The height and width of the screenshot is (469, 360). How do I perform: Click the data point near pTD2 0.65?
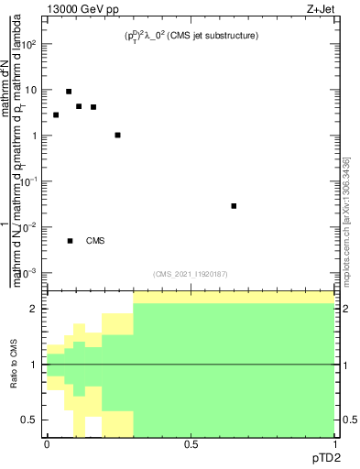235,206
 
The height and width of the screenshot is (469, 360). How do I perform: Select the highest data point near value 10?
69,92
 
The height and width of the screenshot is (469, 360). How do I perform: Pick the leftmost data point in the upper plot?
56,115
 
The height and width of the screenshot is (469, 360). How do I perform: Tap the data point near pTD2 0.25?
117,135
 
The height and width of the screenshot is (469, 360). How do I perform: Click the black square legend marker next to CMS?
70,241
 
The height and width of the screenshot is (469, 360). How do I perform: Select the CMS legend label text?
95,241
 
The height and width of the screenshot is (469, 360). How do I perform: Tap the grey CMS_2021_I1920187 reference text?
191,274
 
